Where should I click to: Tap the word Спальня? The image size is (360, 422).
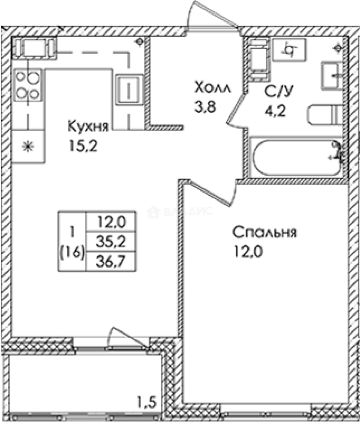point(265,232)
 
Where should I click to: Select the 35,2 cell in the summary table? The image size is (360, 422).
point(110,241)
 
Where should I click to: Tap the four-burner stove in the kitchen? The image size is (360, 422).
point(28,85)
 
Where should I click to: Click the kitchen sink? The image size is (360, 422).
point(128,90)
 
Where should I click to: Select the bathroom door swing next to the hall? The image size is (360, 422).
point(236,110)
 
